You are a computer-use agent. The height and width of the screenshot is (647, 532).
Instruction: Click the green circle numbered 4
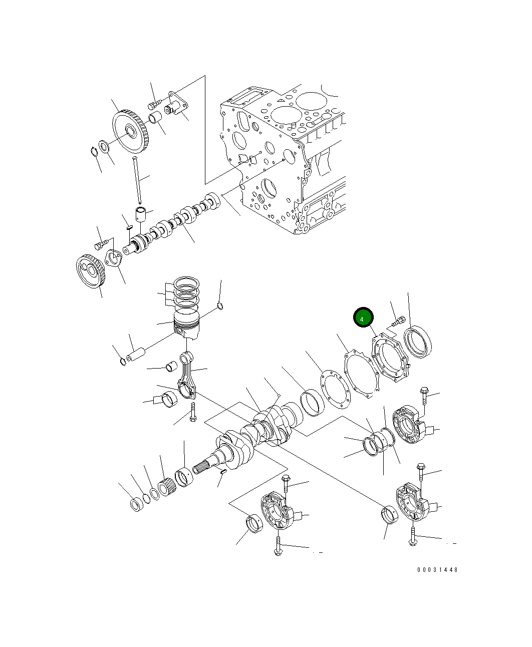point(363,318)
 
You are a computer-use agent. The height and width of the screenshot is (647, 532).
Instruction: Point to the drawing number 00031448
point(437,570)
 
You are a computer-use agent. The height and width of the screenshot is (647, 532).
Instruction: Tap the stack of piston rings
point(186,291)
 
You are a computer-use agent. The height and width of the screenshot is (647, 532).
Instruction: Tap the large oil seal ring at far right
point(418,342)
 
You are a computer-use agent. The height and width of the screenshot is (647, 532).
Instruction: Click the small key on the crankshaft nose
point(223,471)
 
